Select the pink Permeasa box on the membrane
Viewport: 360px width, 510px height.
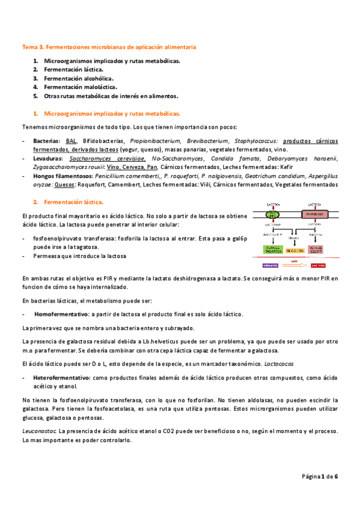click(x=318, y=214)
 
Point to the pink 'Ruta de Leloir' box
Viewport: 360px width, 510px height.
click(x=319, y=250)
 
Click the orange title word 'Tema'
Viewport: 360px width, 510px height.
click(x=29, y=46)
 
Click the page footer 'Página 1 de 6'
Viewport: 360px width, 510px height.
click(x=320, y=477)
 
